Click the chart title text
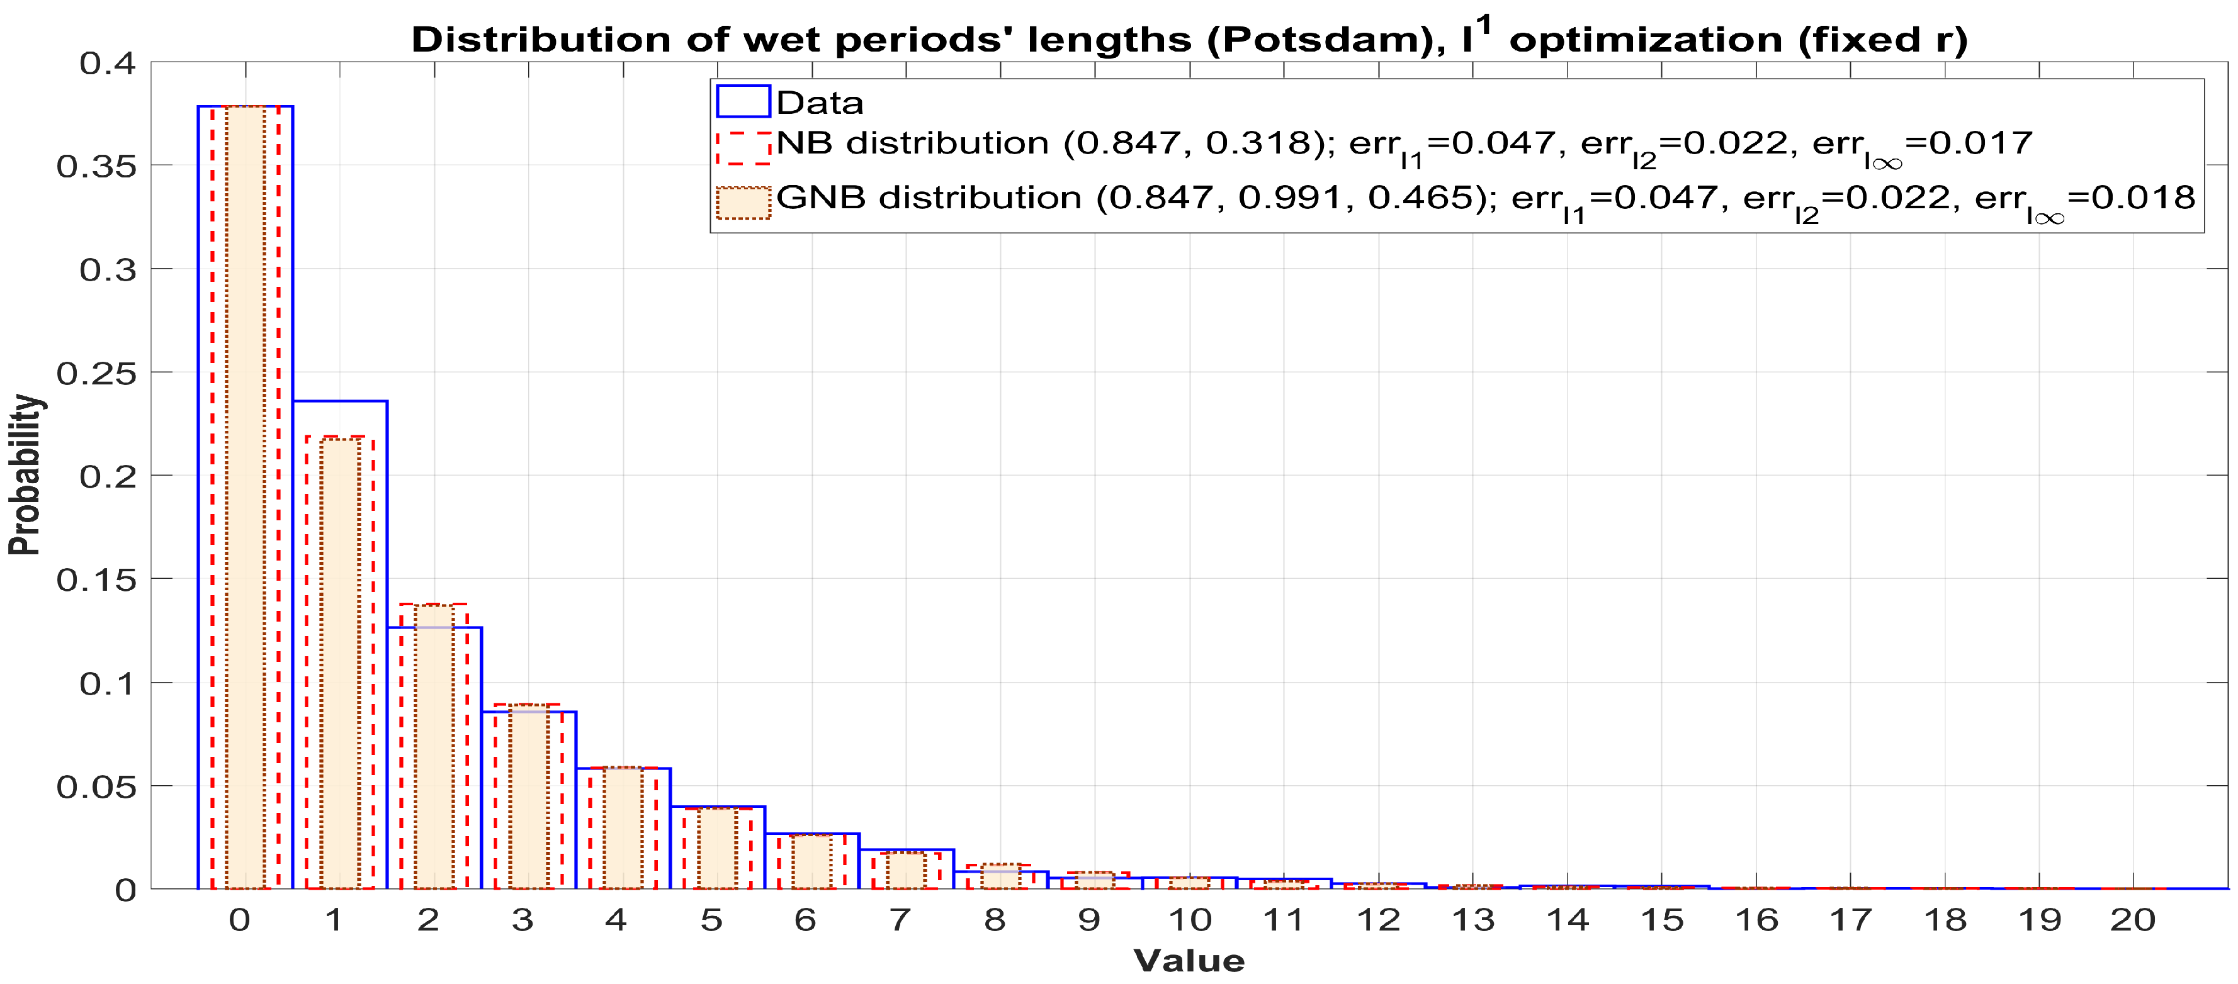[x=1189, y=39]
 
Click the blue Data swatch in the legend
[x=743, y=102]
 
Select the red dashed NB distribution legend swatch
[x=743, y=148]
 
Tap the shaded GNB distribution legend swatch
[x=743, y=203]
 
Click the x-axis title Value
[x=1189, y=961]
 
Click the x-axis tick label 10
[x=1189, y=920]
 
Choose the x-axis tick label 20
[x=2133, y=920]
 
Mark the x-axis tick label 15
[x=1661, y=920]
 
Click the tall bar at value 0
[x=246, y=495]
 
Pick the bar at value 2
[x=434, y=756]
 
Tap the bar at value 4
[x=623, y=829]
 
